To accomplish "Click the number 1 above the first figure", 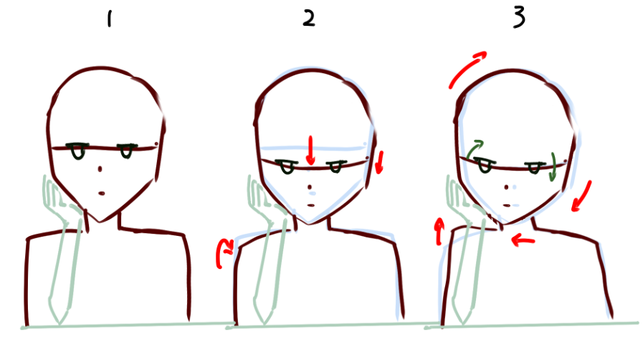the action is [109, 19].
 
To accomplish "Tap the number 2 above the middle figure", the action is [309, 19].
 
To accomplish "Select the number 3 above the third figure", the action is [519, 18].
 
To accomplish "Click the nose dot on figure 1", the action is [100, 169].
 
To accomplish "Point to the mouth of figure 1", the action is [101, 194].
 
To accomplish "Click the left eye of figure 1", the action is [77, 151].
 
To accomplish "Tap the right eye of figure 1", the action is [126, 151].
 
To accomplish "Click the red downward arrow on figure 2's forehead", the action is [311, 151].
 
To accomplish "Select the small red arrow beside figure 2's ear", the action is [380, 162].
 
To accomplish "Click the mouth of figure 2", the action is [311, 205].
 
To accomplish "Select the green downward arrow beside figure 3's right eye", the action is [553, 167].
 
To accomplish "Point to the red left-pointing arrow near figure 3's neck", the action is [523, 240].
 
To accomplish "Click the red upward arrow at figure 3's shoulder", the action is [439, 232].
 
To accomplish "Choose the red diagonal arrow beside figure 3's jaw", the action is [582, 196].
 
